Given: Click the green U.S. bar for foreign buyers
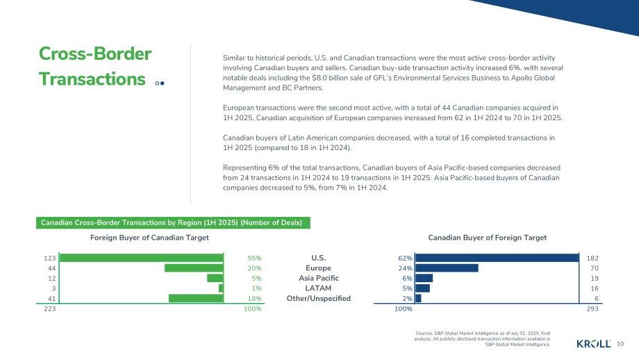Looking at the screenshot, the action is tap(142, 258).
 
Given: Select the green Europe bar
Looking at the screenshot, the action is tap(194, 268).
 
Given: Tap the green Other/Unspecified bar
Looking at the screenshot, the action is tap(196, 298).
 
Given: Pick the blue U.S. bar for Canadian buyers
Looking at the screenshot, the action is tap(497, 258).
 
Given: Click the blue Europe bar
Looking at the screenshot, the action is tap(447, 268).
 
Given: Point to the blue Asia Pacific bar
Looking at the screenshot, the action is tap(424, 278).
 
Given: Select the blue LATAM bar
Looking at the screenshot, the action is tap(422, 288).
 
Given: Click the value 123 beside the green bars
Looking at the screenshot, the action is tap(50, 258).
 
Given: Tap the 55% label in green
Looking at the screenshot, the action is tap(255, 258).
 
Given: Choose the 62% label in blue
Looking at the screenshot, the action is tap(405, 258).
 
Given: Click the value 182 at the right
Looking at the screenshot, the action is tap(592, 258).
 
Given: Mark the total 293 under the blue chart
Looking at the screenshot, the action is tap(592, 309).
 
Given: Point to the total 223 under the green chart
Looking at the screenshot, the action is tap(50, 309).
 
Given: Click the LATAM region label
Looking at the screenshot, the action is tap(318, 288).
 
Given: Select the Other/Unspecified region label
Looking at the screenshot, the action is tap(319, 298).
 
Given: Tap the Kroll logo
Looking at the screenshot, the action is tap(594, 344).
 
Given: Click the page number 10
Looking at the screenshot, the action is tap(620, 344).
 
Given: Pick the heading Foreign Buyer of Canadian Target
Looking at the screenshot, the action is tap(149, 238).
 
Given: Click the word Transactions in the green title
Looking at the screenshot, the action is tap(92, 79).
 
